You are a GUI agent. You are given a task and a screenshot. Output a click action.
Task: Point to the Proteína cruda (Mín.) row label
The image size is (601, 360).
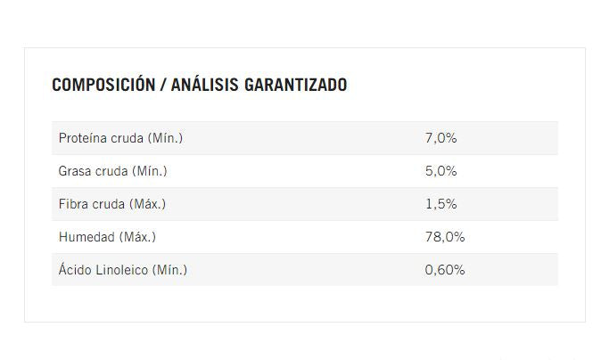pyautogui.click(x=120, y=138)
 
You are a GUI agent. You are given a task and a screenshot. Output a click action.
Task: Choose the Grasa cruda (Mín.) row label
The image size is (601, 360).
pyautogui.click(x=112, y=171)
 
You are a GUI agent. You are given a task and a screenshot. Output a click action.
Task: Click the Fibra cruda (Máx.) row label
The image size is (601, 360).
pyautogui.click(x=111, y=204)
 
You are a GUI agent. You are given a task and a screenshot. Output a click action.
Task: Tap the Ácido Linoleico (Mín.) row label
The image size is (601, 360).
pyautogui.click(x=122, y=270)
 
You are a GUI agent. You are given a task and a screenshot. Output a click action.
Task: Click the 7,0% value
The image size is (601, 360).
pyautogui.click(x=440, y=138)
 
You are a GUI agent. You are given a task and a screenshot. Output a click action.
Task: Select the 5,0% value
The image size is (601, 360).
pyautogui.click(x=440, y=171)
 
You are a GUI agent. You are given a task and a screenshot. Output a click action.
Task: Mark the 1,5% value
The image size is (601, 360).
pyautogui.click(x=440, y=204)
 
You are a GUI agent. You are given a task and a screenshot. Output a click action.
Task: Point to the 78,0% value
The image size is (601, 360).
pyautogui.click(x=445, y=237)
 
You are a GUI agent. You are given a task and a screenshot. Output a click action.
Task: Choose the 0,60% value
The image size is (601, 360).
pyautogui.click(x=445, y=270)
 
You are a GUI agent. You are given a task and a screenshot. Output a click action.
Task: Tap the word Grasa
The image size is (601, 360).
pyautogui.click(x=75, y=171)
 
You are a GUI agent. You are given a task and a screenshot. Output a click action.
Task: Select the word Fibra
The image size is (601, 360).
pyautogui.click(x=73, y=204)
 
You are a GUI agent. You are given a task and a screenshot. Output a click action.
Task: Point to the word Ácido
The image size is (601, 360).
pyautogui.click(x=75, y=270)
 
